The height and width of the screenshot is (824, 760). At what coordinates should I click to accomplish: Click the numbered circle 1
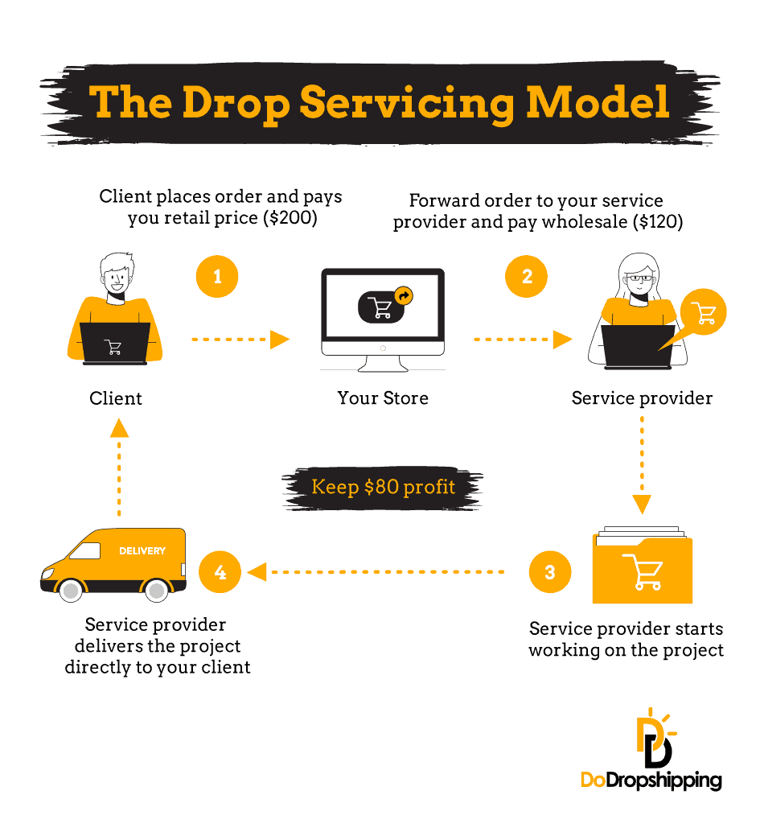point(217,277)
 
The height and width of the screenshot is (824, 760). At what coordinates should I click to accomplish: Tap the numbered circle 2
point(527,277)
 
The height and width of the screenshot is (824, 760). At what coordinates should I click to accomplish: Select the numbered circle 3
point(550,572)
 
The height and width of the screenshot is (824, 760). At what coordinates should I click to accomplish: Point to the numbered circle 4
point(220,572)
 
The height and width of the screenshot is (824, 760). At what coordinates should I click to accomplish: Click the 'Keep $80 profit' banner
point(383,487)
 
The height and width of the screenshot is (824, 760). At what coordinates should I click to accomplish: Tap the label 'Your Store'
point(383,398)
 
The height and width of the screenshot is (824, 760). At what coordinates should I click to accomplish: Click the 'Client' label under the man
point(116,398)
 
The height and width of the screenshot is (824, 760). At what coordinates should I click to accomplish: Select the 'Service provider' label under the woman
point(642,398)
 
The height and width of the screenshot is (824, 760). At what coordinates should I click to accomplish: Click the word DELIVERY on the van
point(142,551)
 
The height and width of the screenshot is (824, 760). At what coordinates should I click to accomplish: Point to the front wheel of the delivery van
point(72,591)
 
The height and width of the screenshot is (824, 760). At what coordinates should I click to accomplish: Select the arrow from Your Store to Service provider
point(523,340)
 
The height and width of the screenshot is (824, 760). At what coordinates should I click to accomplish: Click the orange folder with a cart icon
point(642,570)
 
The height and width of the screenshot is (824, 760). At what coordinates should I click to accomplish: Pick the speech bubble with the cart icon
point(704,313)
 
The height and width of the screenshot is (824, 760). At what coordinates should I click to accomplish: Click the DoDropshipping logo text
point(651,780)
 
